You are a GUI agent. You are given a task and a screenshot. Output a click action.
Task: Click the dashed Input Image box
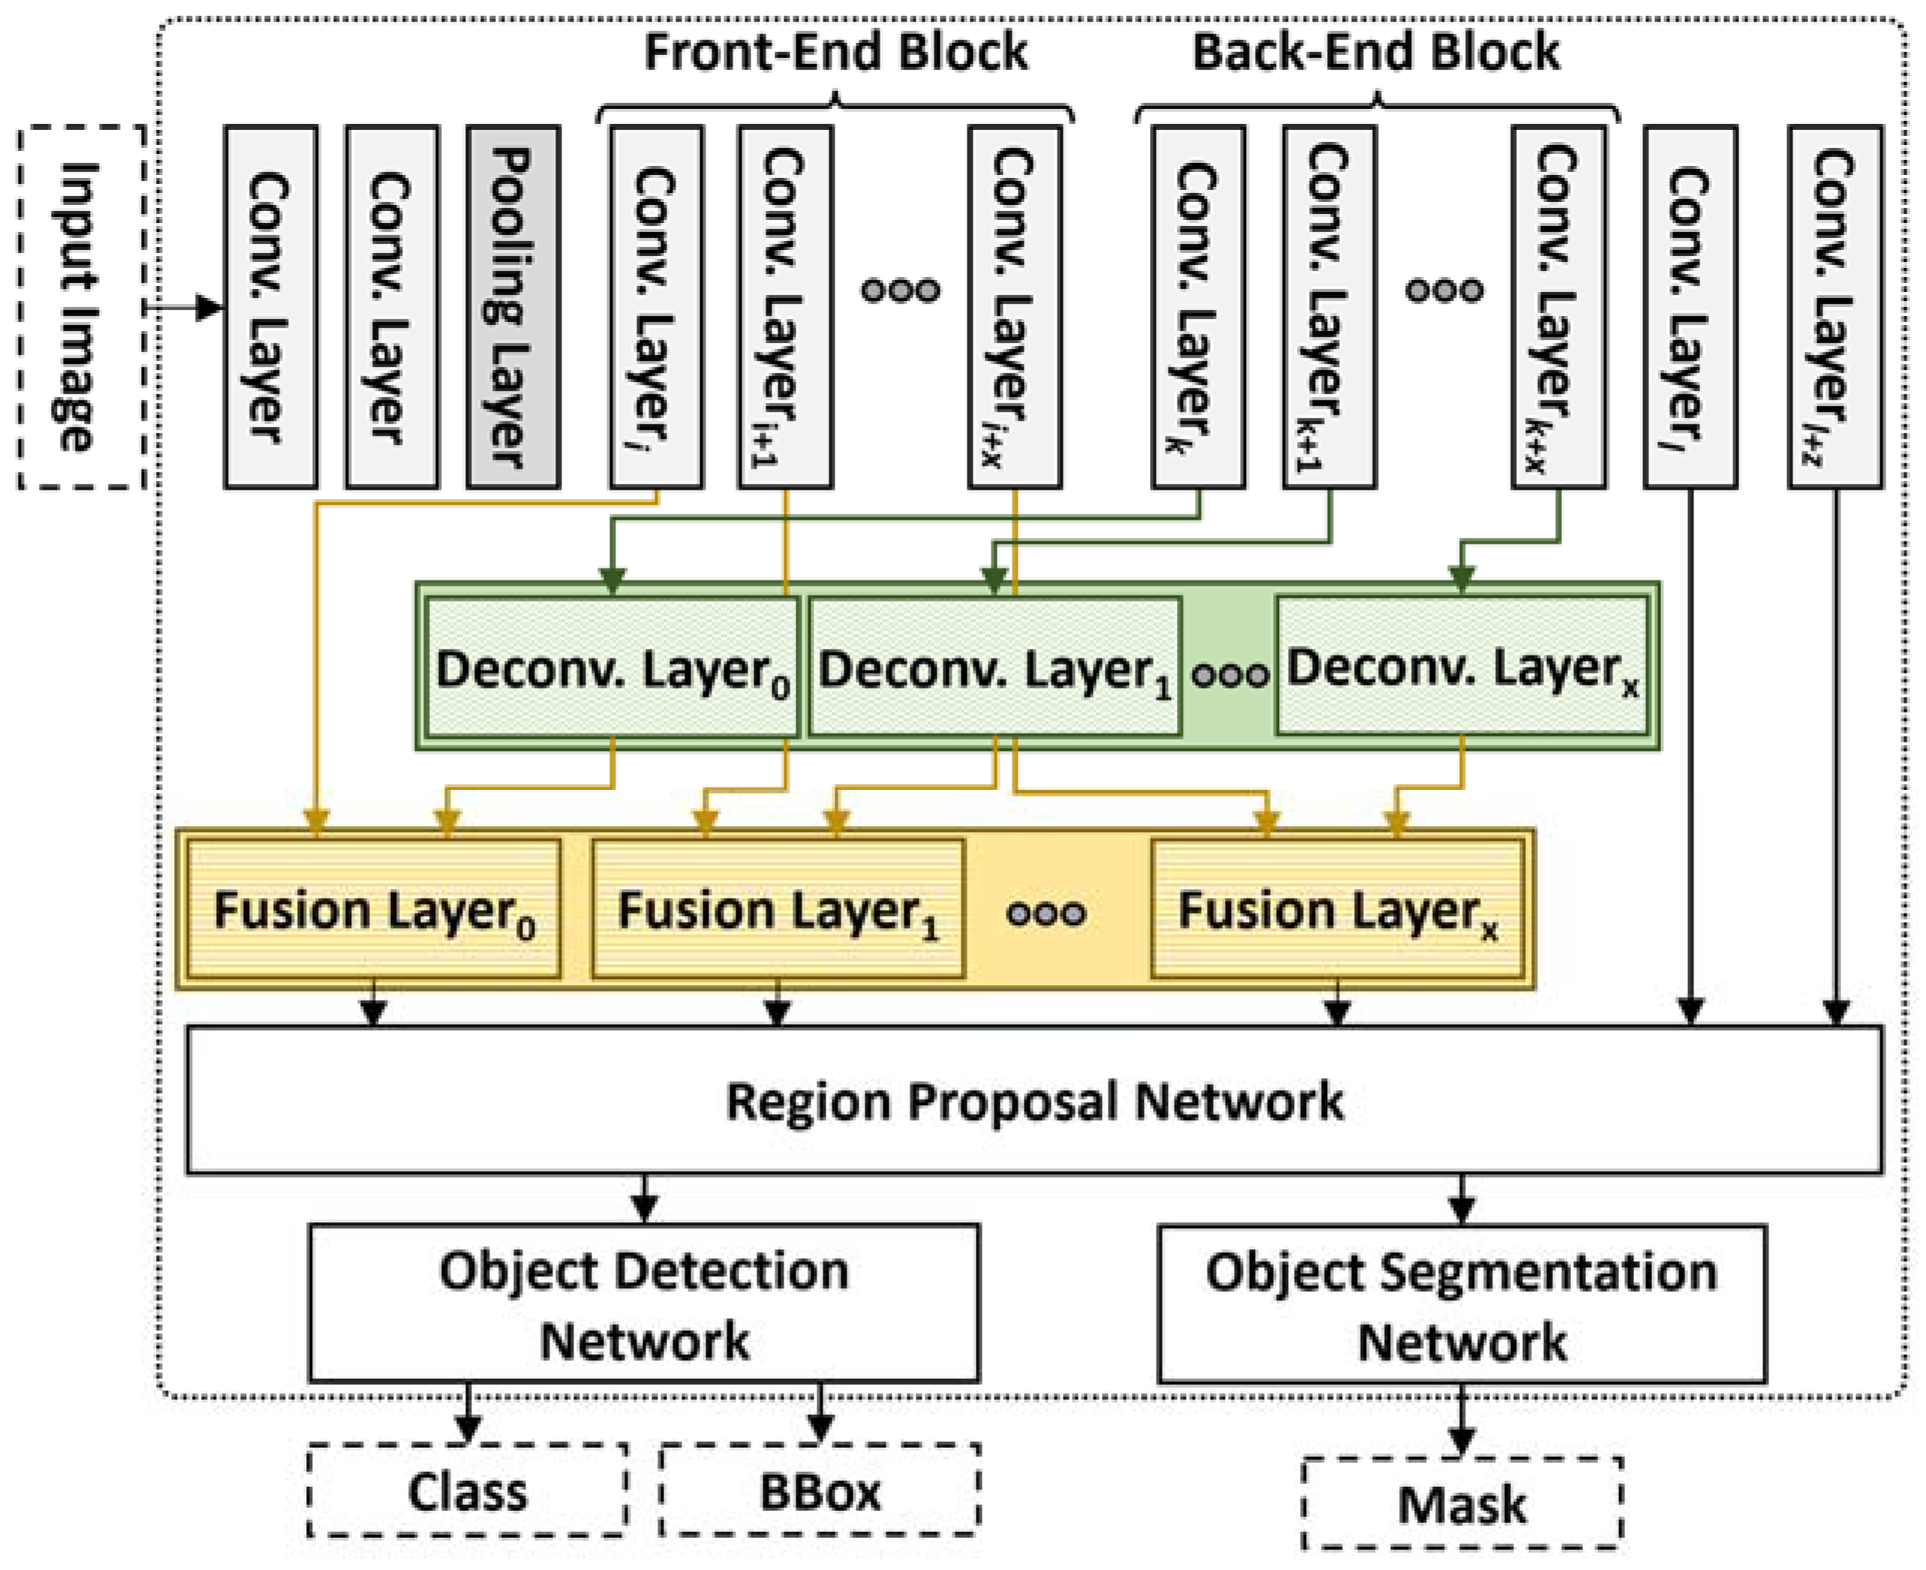(81, 308)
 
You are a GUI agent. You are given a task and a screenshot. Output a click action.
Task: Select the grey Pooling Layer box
(513, 308)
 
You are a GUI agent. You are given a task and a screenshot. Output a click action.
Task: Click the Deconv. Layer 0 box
(612, 667)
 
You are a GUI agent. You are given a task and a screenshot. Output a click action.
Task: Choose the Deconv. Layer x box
(1461, 667)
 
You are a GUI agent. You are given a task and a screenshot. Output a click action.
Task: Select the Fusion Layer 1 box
(778, 909)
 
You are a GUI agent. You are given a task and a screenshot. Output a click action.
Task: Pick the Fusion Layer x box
(1337, 909)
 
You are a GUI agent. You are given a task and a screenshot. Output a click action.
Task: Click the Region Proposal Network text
(1034, 1101)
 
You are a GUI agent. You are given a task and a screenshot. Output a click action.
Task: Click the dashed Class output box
(467, 1490)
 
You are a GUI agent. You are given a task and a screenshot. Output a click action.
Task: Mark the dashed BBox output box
(820, 1490)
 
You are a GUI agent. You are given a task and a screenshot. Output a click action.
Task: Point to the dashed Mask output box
(1461, 1503)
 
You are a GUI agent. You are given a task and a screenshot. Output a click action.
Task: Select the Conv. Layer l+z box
(1834, 308)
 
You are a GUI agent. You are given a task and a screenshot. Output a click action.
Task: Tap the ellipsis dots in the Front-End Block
(900, 291)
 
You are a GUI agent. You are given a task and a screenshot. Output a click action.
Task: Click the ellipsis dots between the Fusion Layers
(1046, 912)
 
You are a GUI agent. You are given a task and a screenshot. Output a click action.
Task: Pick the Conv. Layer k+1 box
(1329, 308)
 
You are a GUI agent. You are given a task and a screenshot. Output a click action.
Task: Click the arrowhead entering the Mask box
(1461, 1440)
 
